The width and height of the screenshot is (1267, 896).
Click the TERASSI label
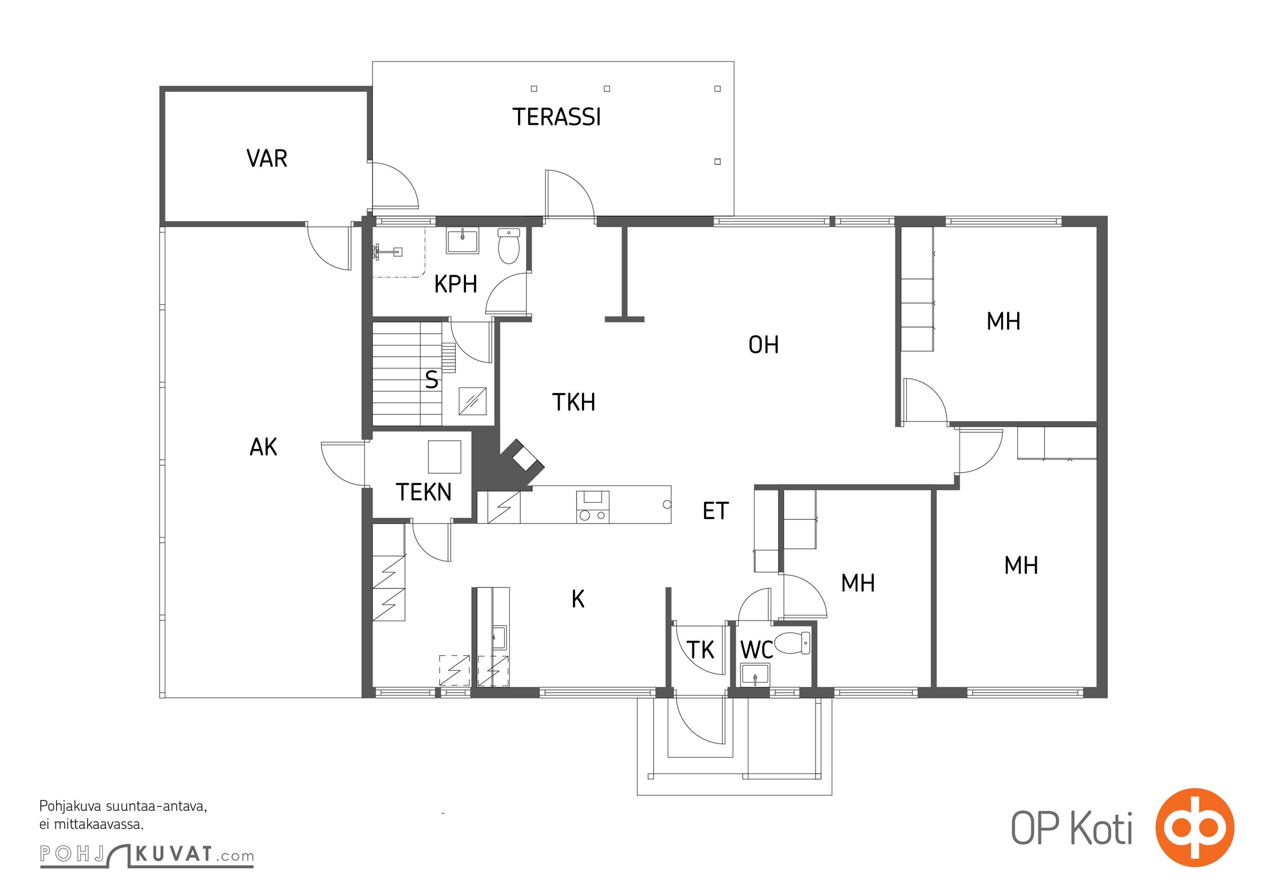556,117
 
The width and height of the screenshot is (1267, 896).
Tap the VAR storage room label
267,158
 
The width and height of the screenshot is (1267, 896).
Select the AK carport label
263,447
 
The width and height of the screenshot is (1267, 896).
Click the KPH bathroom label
455,284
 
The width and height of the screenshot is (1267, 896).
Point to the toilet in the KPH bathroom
509,246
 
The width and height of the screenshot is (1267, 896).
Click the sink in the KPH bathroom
462,241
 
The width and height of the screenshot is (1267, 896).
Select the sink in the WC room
755,675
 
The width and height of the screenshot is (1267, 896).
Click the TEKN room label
423,492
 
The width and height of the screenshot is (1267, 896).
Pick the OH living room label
763,345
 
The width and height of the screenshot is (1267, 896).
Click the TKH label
574,402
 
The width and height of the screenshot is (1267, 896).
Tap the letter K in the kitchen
578,599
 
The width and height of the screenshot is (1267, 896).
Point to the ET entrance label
716,511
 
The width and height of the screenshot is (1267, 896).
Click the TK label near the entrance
700,650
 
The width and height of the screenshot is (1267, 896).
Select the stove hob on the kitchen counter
593,507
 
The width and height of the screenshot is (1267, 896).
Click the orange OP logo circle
1195,827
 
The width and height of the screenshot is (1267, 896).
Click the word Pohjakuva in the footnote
71,807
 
